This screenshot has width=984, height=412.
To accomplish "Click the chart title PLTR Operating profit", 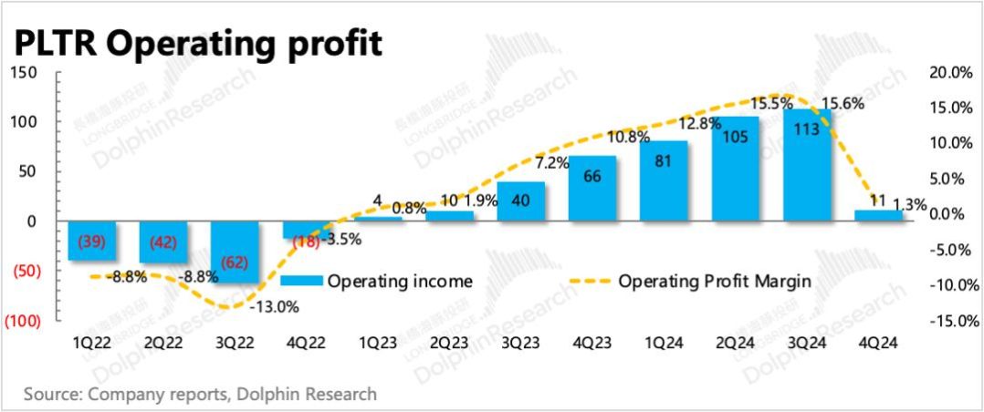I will [195, 43].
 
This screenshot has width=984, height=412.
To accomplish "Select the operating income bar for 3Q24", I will [807, 164].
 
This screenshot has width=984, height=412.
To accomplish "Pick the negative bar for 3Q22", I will [236, 252].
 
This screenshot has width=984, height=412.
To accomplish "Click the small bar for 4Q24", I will [879, 215].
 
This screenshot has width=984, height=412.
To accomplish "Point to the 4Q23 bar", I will [592, 188].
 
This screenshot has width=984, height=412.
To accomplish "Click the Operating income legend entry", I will [375, 281].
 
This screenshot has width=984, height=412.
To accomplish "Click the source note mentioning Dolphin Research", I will [200, 395].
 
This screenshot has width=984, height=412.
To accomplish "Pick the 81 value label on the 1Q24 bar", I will [664, 165].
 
